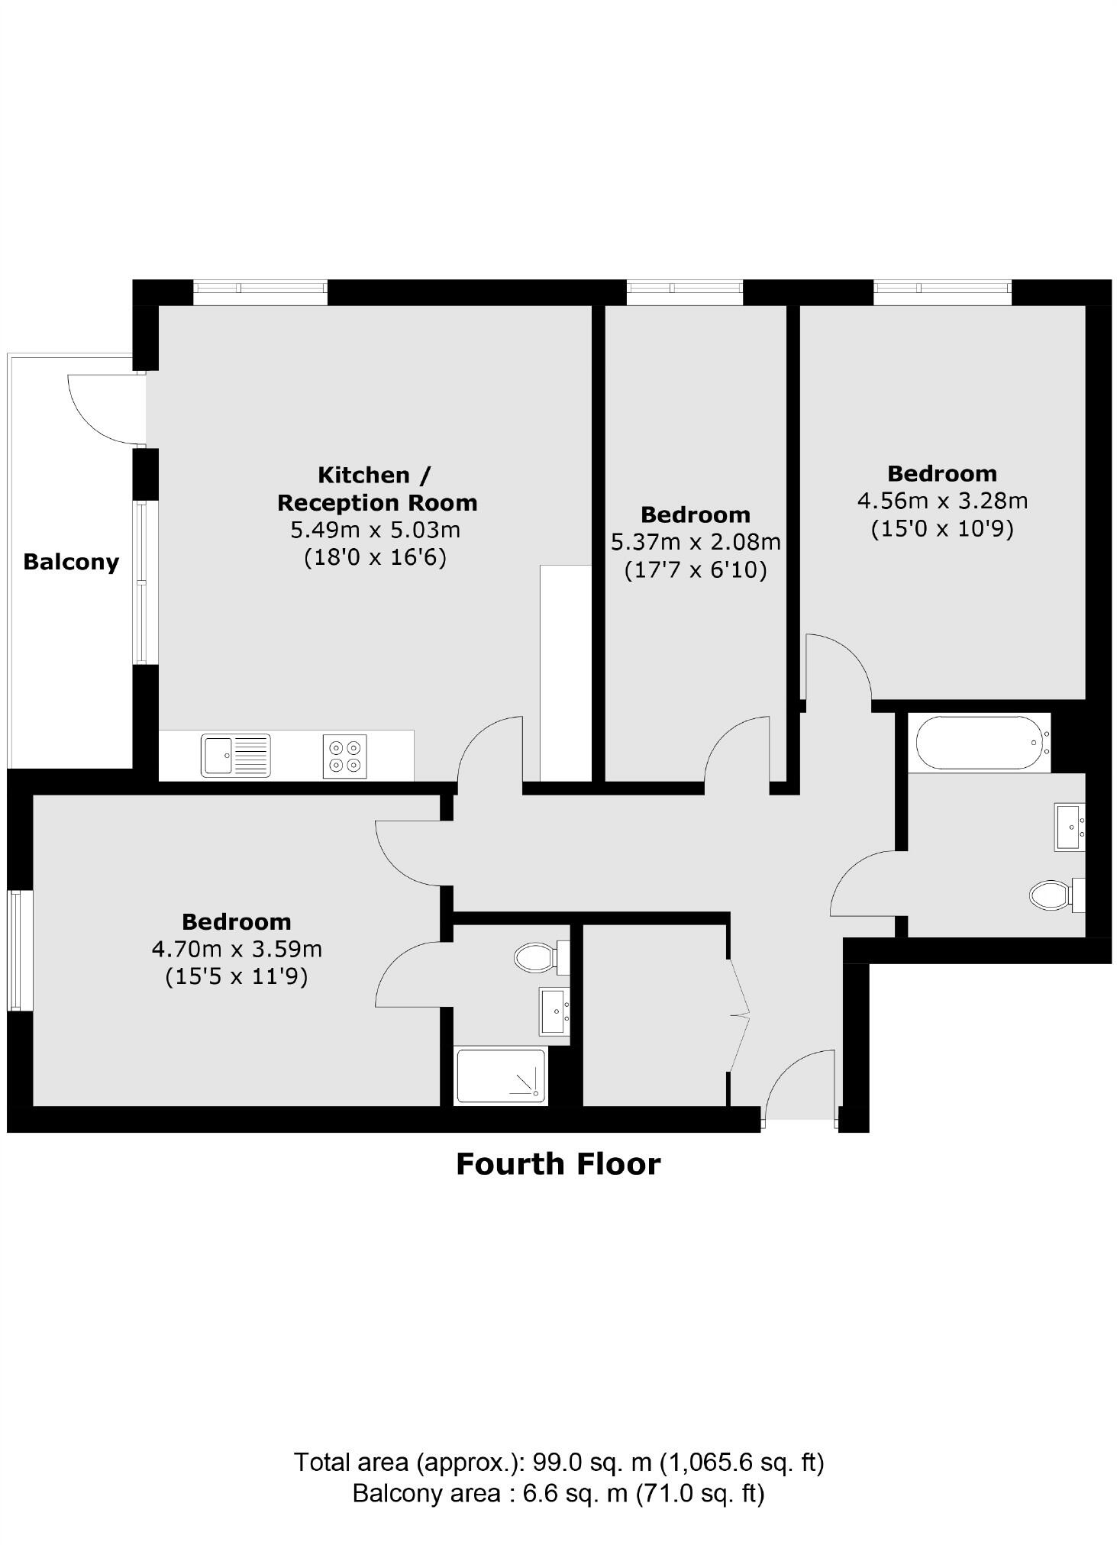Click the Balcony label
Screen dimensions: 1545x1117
coord(71,562)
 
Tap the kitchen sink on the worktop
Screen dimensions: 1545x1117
coord(235,755)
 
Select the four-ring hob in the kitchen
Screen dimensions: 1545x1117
coord(344,756)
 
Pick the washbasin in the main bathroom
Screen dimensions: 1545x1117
coord(1069,826)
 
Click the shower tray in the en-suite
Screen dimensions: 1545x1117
coord(501,1076)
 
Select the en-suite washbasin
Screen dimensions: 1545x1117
coord(554,1011)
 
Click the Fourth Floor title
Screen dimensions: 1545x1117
coord(558,1164)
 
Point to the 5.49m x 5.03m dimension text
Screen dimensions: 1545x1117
coord(375,529)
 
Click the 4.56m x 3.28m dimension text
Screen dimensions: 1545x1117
coord(942,501)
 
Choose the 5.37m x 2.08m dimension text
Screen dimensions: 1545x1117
coord(696,542)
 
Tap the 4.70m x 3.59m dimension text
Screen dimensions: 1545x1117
coord(237,949)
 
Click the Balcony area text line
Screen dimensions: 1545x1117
coord(558,1492)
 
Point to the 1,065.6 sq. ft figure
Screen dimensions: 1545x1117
coord(741,1462)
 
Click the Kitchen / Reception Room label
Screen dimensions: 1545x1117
coord(376,489)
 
